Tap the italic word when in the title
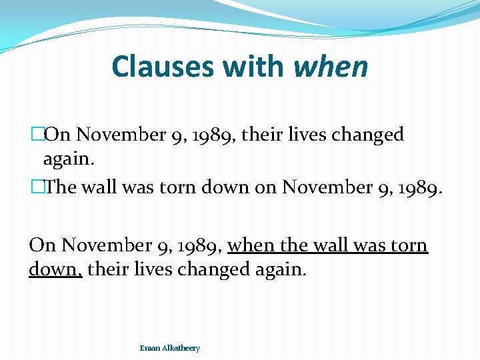coord(330,67)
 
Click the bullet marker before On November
coord(37,135)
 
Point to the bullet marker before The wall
coord(37,188)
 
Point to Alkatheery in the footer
coord(180,348)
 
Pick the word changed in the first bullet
coord(370,135)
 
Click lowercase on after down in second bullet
coord(265,188)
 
